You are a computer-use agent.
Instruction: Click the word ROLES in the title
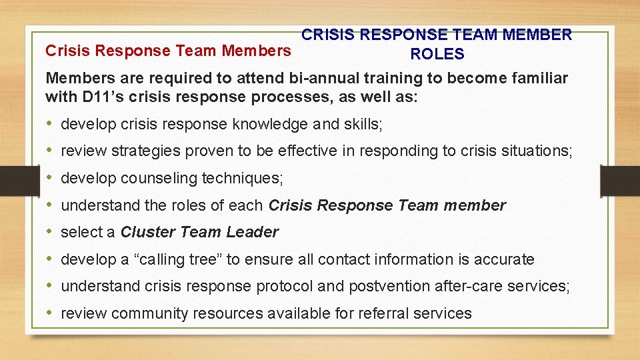(437, 54)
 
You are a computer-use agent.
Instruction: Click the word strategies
(145, 151)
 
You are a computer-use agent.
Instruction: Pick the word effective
(305, 151)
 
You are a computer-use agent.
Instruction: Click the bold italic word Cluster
(148, 232)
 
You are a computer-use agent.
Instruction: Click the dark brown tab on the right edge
(619, 180)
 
